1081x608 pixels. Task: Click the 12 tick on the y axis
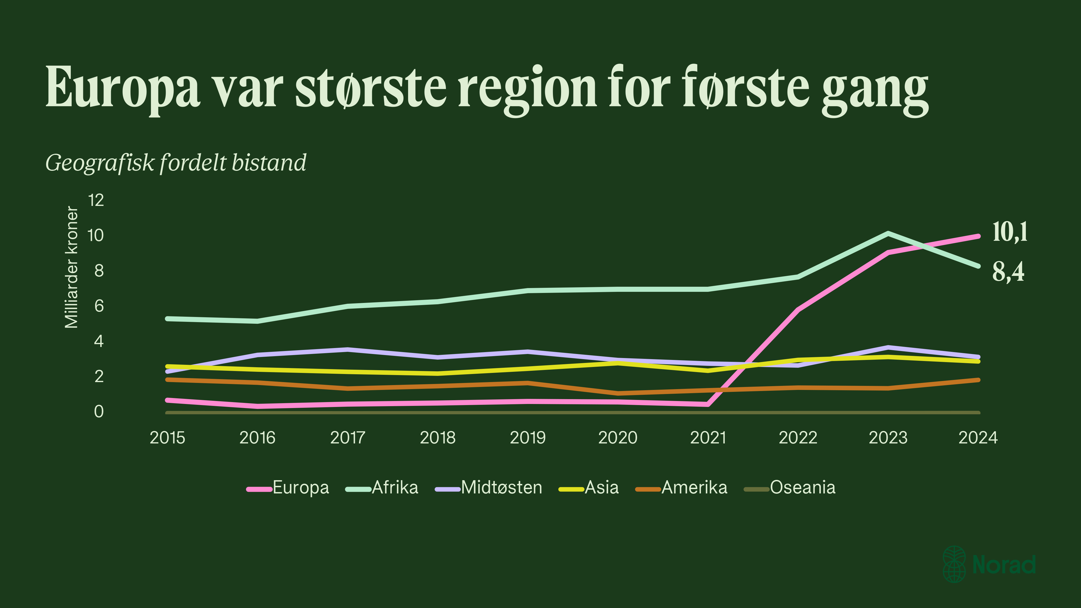[96, 201]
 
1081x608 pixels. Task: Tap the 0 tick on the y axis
[99, 412]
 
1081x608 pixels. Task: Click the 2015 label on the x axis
[168, 438]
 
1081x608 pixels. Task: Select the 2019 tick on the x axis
[528, 438]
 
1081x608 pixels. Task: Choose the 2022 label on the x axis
[798, 438]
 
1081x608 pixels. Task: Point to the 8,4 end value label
[1008, 272]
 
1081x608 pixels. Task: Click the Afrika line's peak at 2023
[888, 233]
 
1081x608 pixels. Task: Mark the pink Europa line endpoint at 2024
[978, 236]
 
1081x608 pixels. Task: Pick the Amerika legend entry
[694, 487]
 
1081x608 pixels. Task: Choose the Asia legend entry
[601, 487]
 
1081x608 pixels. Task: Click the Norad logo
[989, 564]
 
